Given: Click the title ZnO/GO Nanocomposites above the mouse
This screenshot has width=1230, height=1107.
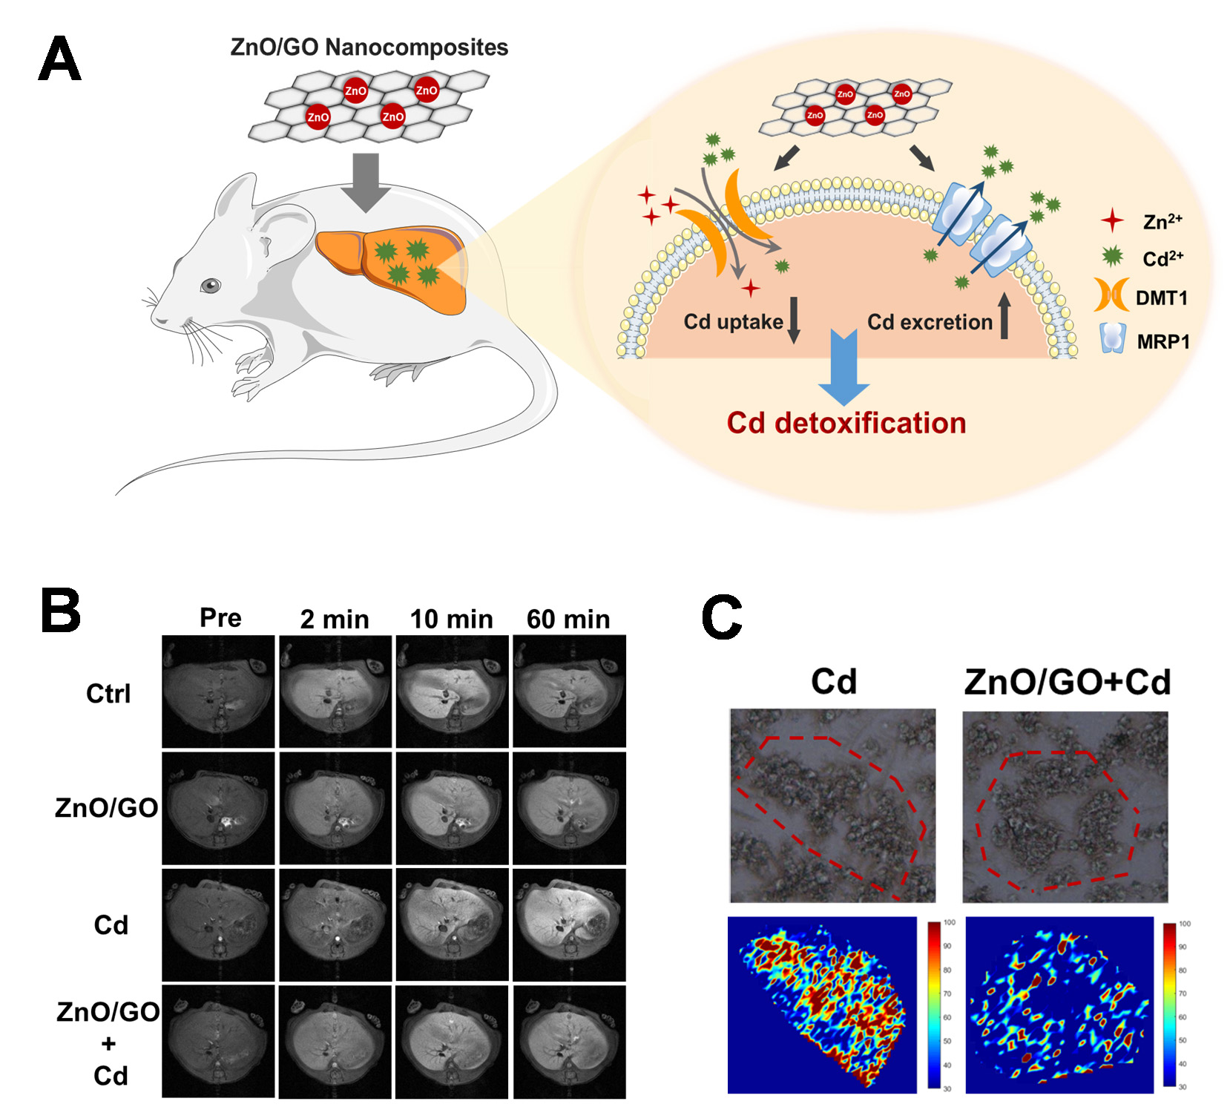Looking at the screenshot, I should point(369,47).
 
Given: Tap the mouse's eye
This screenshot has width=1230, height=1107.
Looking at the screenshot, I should point(211,285).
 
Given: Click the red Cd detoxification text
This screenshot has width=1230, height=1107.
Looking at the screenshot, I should point(846,423).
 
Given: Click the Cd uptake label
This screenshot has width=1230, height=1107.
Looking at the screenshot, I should point(733,321).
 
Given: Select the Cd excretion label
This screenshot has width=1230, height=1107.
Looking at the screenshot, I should point(930,322).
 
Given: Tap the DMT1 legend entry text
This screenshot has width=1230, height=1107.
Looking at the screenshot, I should point(1161,298).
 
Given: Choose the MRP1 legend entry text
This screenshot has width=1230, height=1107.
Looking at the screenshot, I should point(1162,342).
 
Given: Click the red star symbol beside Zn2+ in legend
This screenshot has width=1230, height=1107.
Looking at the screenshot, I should point(1111,220).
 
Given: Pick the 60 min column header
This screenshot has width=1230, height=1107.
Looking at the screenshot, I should point(568,619).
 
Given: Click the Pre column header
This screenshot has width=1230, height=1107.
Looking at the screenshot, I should point(220,617).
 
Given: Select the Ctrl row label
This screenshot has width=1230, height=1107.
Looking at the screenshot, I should point(108,694).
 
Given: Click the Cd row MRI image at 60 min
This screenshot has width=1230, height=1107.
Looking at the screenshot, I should point(569,924).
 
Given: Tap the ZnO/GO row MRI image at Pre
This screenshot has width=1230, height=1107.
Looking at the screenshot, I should point(218,808).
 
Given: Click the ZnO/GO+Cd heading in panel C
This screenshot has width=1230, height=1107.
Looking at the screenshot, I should point(1067,682).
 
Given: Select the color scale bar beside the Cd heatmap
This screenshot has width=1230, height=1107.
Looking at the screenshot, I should point(933,1004).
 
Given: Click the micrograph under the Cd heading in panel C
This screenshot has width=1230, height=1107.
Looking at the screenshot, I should point(832,805).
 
